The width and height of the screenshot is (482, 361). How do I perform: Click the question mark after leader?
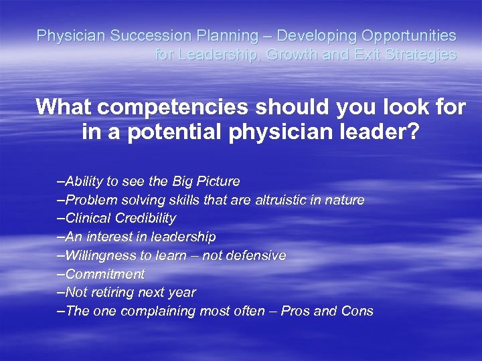pyautogui.click(x=412, y=132)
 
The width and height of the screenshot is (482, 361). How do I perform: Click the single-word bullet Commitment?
pyautogui.click(x=104, y=274)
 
